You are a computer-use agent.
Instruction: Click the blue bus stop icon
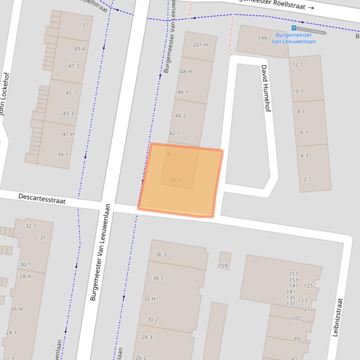tap(294, 28)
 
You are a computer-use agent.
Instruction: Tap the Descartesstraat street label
tap(42, 199)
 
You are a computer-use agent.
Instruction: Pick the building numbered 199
tap(262, 38)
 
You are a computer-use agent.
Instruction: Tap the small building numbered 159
tap(223, 266)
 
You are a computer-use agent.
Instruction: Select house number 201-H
tap(200, 45)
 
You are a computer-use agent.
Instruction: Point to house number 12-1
tap(298, 64)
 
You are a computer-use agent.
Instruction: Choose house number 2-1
tap(308, 179)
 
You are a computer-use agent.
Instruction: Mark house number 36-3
tap(161, 254)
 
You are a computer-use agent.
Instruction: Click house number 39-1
tap(62, 155)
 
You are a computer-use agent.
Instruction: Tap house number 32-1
tap(31, 226)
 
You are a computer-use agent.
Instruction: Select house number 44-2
tap(180, 115)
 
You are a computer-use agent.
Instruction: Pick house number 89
tap(297, 339)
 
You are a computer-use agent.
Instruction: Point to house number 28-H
tap(25, 276)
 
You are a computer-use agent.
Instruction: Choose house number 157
tap(294, 274)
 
